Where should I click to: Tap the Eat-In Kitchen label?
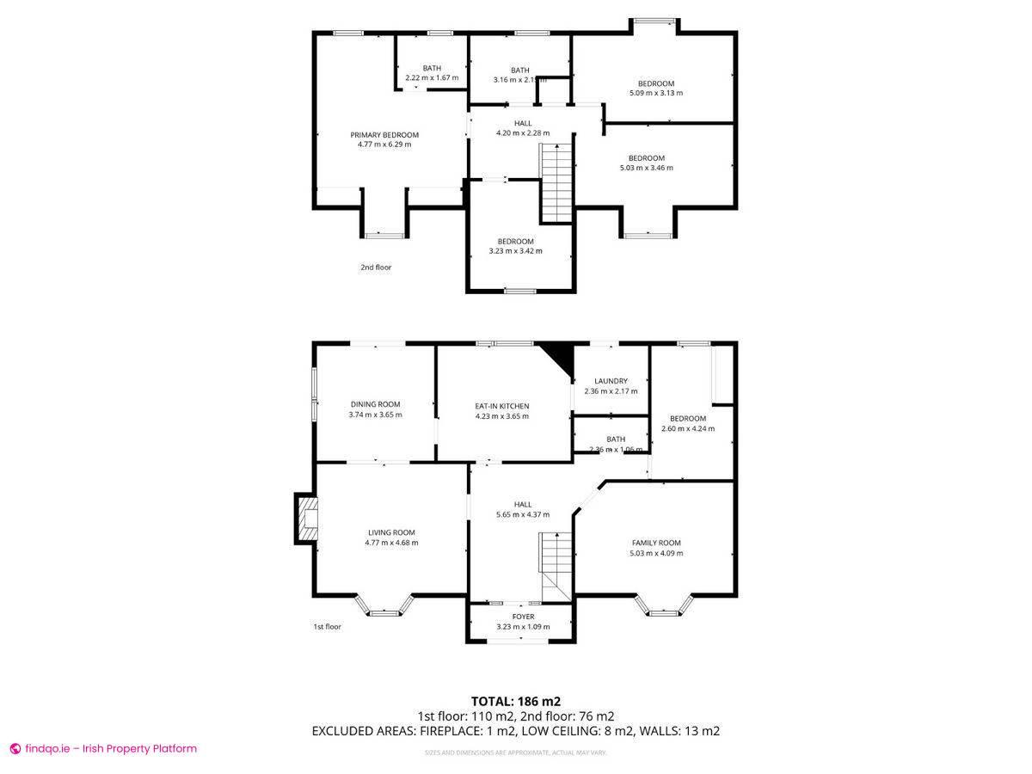(502, 406)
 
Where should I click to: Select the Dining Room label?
(375, 404)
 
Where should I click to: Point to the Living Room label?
(391, 532)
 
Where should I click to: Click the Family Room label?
(656, 543)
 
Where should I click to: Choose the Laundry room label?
(611, 381)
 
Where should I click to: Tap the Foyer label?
(523, 617)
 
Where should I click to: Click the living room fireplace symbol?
(306, 519)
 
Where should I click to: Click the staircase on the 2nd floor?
(556, 183)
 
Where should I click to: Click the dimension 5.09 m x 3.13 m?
(656, 93)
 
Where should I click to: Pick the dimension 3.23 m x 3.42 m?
(515, 251)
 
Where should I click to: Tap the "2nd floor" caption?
(376, 267)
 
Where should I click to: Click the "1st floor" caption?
(327, 627)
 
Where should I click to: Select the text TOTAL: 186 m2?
(516, 701)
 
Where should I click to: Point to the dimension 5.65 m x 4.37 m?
(523, 514)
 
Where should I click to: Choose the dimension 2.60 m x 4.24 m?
(687, 428)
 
